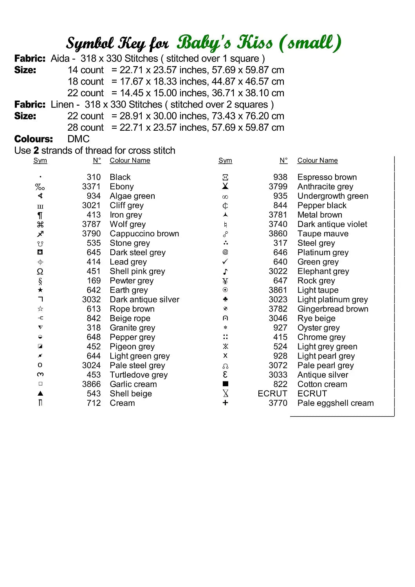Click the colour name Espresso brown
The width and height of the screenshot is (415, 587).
click(327, 177)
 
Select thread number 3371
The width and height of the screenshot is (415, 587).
click(91, 187)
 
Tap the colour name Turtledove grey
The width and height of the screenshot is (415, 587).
click(139, 375)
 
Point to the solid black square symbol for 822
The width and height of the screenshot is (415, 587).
click(225, 384)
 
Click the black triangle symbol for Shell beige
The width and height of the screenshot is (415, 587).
click(40, 394)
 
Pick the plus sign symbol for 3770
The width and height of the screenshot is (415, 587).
click(225, 403)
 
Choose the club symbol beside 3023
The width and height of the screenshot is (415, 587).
click(225, 299)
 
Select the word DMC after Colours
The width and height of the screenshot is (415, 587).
click(78, 139)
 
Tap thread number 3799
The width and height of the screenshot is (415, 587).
click(278, 187)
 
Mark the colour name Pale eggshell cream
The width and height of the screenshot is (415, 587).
click(336, 403)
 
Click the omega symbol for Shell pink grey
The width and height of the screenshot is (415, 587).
click(40, 272)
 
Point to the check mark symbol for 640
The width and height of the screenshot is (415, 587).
click(225, 262)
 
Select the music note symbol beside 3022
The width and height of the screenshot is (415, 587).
click(225, 272)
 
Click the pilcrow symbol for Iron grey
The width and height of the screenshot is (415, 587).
click(40, 215)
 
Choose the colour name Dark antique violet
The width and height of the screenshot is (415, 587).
click(332, 224)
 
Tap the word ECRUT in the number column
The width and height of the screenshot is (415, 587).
click(272, 394)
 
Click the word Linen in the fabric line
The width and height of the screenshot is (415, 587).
click(62, 104)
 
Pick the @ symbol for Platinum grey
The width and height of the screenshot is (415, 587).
click(225, 252)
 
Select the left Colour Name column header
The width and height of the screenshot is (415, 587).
click(130, 160)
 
